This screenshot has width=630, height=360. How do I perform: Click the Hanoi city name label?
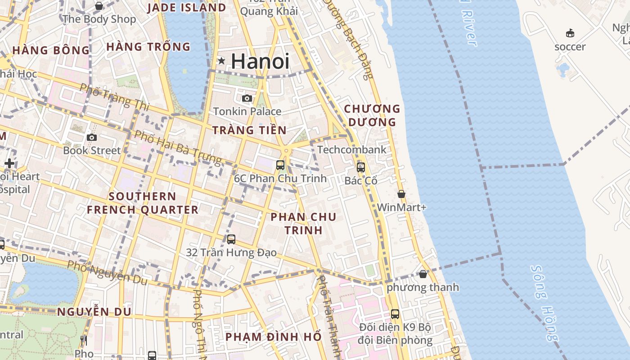click(261, 61)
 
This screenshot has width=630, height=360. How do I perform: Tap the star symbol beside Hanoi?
click(221, 61)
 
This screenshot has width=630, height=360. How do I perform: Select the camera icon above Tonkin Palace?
click(247, 98)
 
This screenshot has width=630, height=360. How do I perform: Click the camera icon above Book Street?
click(92, 137)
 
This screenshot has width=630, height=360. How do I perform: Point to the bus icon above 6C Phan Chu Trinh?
click(280, 165)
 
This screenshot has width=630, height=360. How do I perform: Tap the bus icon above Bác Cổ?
click(360, 167)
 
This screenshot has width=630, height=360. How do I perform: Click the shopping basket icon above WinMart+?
click(401, 194)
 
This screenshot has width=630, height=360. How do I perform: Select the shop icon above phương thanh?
click(423, 274)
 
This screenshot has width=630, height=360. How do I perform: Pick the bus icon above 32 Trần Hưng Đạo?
click(231, 239)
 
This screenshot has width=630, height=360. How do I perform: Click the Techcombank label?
click(352, 149)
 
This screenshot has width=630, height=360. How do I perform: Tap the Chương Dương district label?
click(372, 115)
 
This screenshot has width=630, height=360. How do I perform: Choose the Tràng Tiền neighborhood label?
click(249, 130)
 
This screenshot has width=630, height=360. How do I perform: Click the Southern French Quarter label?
click(142, 203)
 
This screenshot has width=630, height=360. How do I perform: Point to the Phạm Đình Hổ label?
click(274, 337)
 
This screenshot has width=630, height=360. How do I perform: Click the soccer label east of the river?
click(570, 47)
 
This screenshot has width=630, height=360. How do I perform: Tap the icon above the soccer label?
click(570, 33)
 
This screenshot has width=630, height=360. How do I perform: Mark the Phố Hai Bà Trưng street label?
click(178, 147)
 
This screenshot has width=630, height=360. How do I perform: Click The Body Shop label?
click(99, 19)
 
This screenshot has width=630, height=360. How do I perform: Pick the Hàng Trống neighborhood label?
click(148, 47)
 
